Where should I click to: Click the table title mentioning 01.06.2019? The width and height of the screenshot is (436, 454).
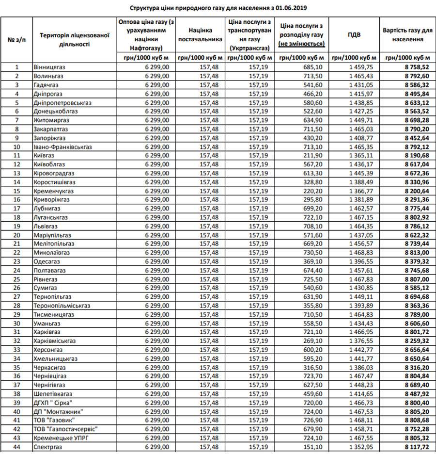[218, 8]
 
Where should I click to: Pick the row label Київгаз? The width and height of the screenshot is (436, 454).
[44, 156]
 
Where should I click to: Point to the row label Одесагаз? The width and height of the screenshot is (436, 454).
[47, 261]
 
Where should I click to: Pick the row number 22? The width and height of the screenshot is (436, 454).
[17, 253]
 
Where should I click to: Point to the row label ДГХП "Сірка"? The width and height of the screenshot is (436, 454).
[53, 403]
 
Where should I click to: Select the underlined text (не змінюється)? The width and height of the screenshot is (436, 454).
[301, 44]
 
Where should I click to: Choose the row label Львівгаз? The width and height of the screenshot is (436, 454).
[46, 226]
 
